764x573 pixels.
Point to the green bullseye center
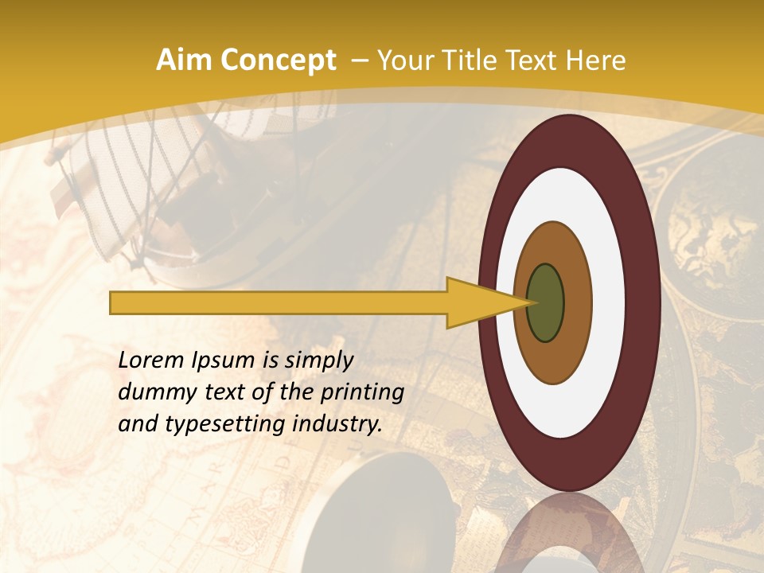click(x=546, y=302)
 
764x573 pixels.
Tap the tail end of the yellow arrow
click(x=112, y=302)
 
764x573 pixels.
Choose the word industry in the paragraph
click(x=335, y=425)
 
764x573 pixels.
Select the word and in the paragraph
click(x=137, y=424)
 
